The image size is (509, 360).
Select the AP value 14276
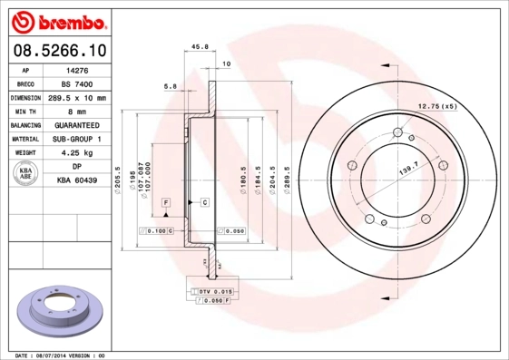pyautogui.click(x=77, y=70)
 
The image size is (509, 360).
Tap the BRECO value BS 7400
pyautogui.click(x=77, y=83)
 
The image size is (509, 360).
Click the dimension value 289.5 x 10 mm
pyautogui.click(x=77, y=97)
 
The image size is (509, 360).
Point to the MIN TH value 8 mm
pyautogui.click(x=77, y=111)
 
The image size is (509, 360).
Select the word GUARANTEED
pyautogui.click(x=77, y=125)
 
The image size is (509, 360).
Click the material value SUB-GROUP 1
pyautogui.click(x=77, y=139)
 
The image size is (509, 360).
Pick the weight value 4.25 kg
pyautogui.click(x=77, y=153)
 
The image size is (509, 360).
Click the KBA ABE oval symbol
pyautogui.click(x=27, y=173)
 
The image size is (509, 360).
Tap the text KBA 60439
pyautogui.click(x=77, y=180)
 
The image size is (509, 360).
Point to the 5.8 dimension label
pyautogui.click(x=170, y=87)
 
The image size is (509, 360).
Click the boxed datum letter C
pyautogui.click(x=205, y=200)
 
